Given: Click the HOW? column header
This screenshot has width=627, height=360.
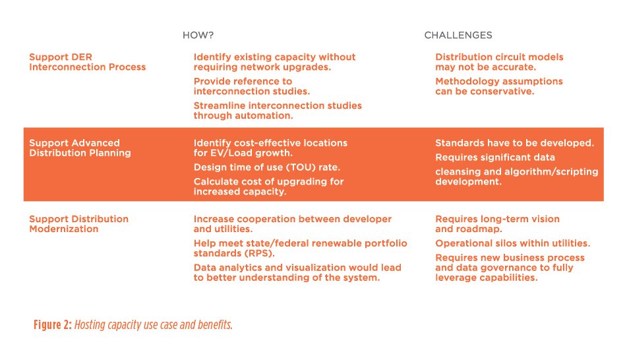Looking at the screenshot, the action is click(x=198, y=35).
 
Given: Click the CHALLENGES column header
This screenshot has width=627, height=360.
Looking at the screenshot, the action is click(x=458, y=35).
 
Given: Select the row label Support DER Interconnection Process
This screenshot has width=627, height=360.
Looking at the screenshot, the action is click(x=88, y=62).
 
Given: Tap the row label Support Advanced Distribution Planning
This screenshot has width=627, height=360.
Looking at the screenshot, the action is click(x=80, y=148).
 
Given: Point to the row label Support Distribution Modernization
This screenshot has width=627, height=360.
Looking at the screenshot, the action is click(x=78, y=224).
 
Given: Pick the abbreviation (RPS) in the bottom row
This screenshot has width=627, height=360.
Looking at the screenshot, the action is click(x=258, y=254).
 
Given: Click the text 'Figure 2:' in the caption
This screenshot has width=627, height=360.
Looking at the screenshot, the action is click(x=53, y=324).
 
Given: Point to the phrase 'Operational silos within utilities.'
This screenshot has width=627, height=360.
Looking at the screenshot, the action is click(x=513, y=243).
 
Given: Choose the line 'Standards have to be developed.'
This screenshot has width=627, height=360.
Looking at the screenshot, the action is click(x=515, y=143).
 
